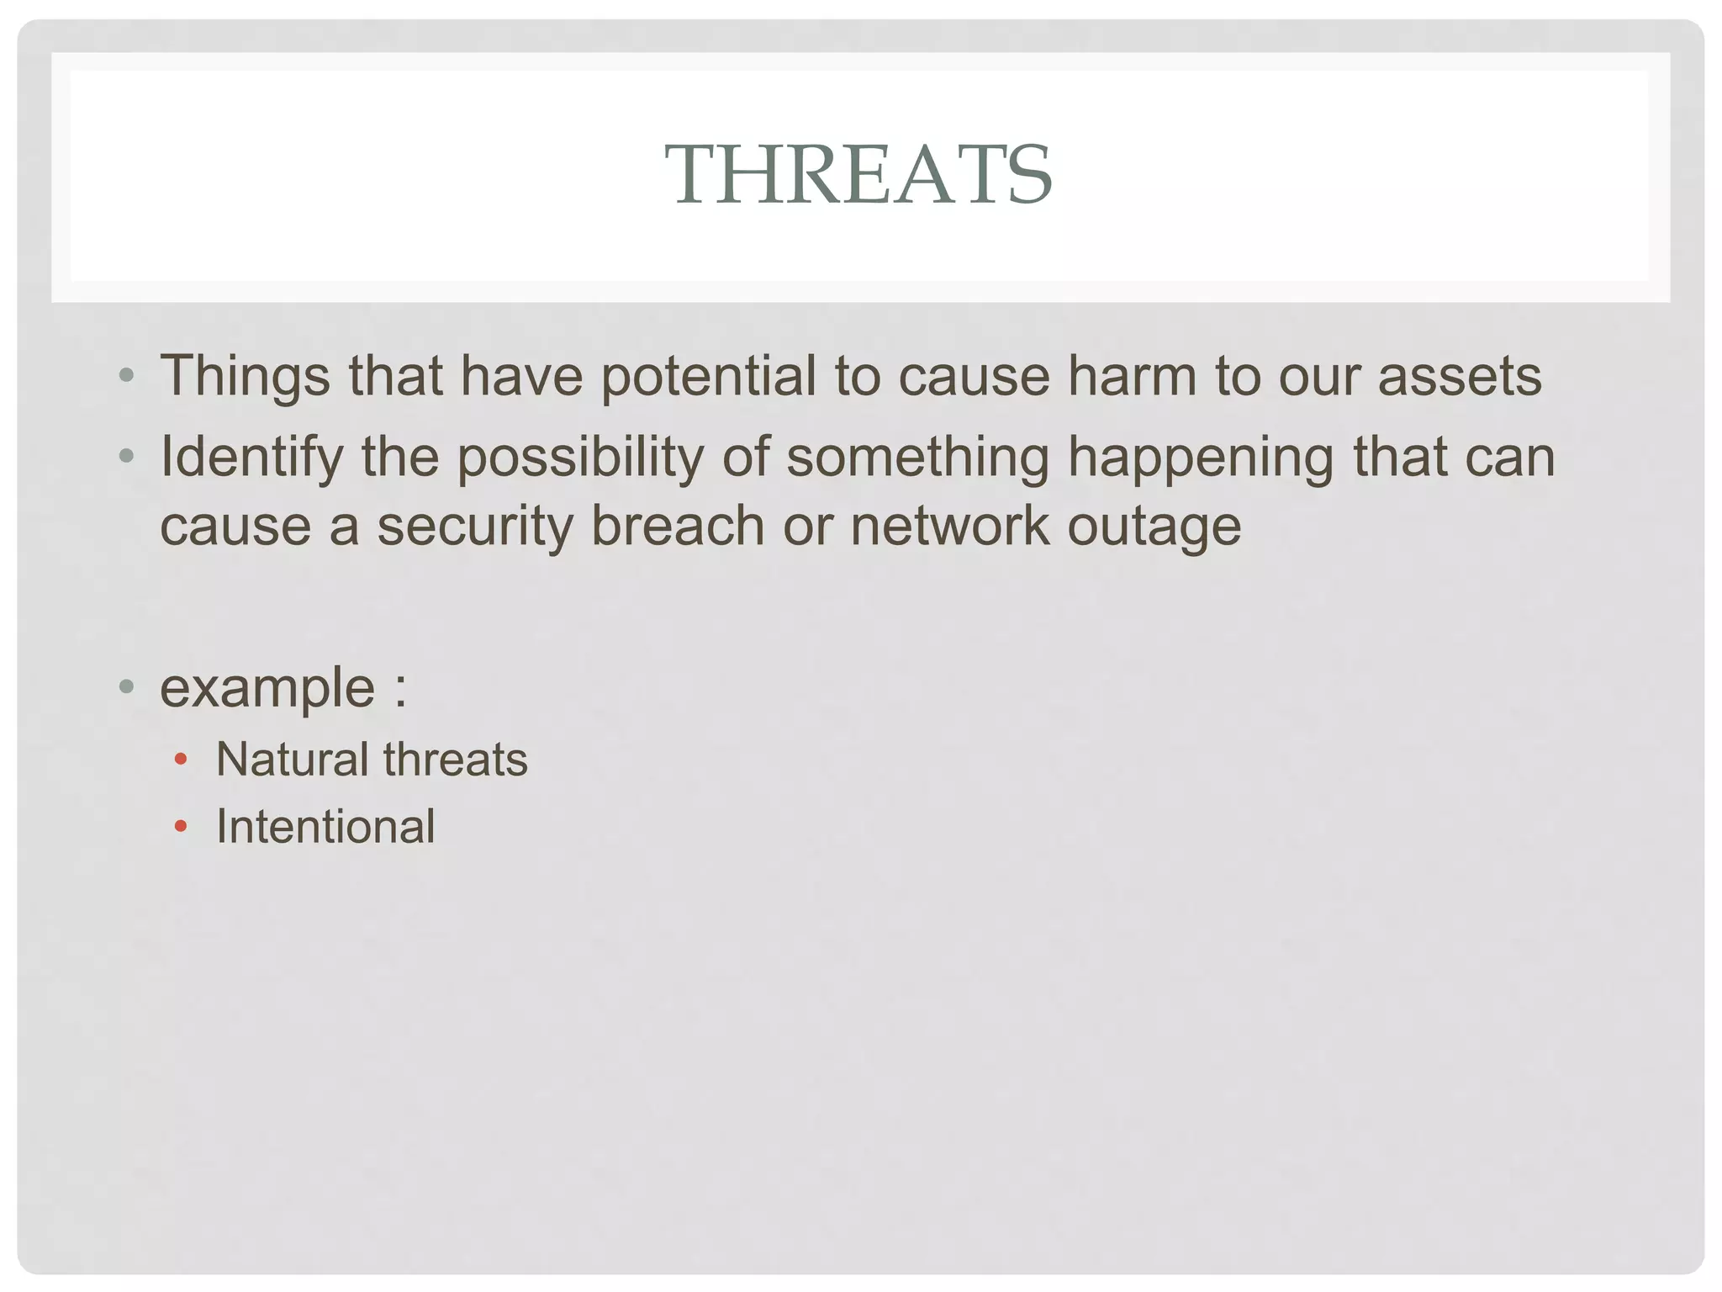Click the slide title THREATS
858,174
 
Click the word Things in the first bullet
245,377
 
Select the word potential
707,377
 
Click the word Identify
251,459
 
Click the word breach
678,527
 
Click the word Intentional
325,826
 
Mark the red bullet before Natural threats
180,760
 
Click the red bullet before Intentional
180,827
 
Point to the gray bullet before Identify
127,457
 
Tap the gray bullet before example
127,686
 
